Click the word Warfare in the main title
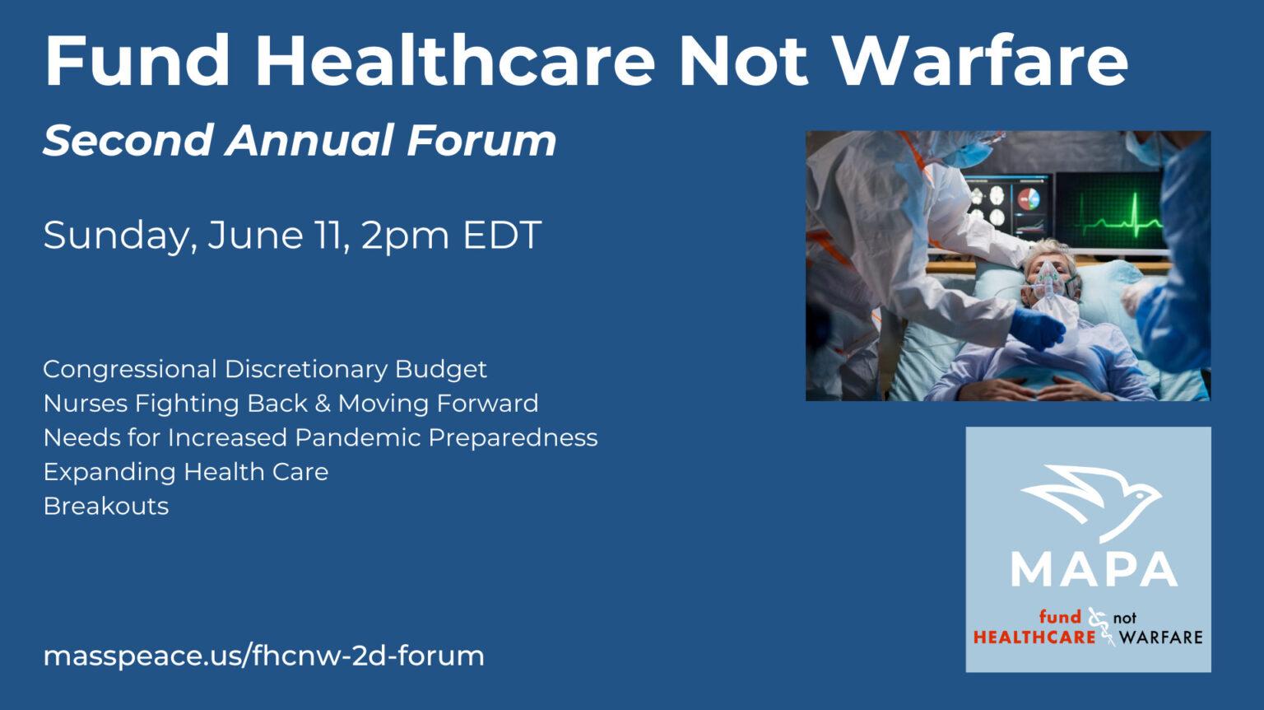(981, 60)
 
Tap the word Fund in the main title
(137, 60)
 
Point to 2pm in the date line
(405, 236)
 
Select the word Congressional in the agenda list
(130, 370)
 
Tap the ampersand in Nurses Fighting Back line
(323, 404)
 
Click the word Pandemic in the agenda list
(357, 437)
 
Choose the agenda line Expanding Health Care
(186, 473)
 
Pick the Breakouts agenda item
(106, 506)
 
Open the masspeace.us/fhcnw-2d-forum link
(263, 656)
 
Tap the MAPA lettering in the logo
(1094, 570)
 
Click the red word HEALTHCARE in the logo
(1034, 638)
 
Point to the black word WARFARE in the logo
(1161, 638)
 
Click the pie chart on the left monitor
(1029, 199)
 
